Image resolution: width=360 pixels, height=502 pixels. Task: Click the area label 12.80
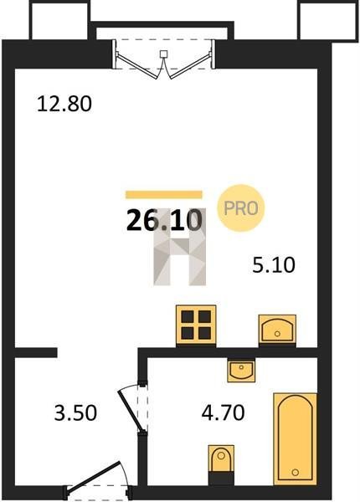(x=64, y=104)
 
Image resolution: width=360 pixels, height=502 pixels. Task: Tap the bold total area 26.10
(x=164, y=220)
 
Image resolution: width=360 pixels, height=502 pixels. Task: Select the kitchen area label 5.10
(x=274, y=265)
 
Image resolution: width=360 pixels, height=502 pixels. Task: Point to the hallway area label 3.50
(x=75, y=412)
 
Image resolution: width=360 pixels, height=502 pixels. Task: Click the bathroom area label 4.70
(x=224, y=412)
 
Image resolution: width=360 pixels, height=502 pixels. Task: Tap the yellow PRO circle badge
(x=241, y=208)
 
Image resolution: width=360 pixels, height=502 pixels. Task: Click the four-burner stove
(x=196, y=325)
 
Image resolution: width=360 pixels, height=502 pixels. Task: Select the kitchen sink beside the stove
(x=277, y=330)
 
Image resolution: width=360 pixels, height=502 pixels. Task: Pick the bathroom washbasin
(x=241, y=370)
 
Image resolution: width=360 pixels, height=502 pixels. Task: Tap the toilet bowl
(x=221, y=458)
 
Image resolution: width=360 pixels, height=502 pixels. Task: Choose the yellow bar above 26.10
(x=163, y=195)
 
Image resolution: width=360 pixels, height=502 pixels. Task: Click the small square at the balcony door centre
(x=163, y=54)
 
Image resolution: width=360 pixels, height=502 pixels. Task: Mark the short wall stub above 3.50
(x=36, y=352)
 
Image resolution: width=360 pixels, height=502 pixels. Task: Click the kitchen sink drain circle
(x=277, y=334)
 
